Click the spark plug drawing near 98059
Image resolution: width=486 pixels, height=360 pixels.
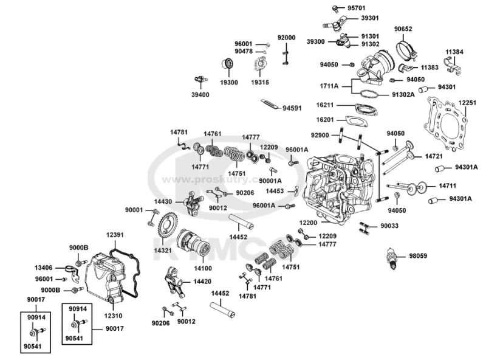point(393,258)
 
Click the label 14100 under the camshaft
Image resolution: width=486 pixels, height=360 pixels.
point(203,268)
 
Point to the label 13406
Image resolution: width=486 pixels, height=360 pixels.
point(43,267)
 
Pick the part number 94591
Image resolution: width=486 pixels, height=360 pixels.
point(292,109)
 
